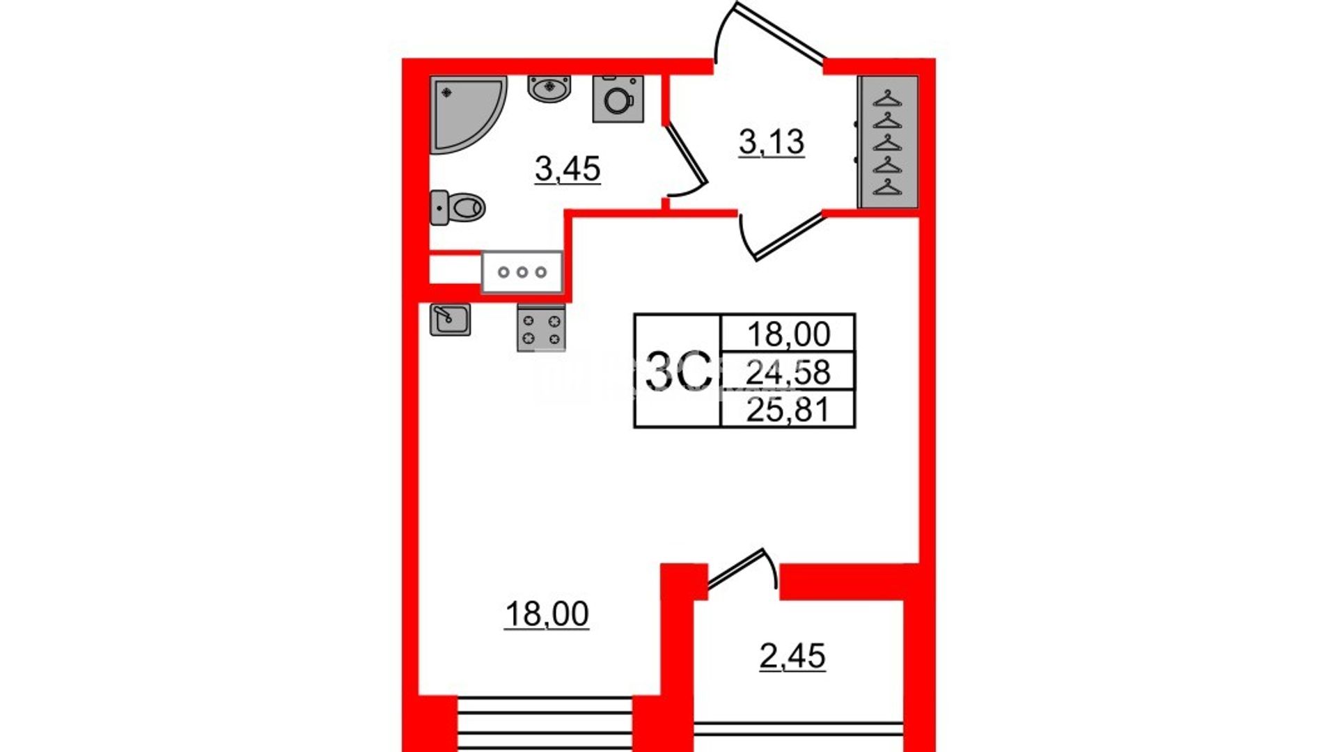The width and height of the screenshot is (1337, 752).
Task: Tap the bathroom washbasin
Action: (x=549, y=89)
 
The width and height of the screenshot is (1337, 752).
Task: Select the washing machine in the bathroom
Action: (x=618, y=99)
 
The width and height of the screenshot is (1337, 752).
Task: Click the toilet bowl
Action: (x=458, y=207)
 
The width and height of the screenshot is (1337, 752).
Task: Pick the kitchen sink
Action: (x=450, y=320)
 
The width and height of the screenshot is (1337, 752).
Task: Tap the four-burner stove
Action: (x=541, y=329)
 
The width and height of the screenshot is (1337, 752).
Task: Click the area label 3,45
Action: (x=568, y=169)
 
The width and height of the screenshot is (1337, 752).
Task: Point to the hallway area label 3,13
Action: (x=772, y=143)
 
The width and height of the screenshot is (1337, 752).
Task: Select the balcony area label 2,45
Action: (x=792, y=657)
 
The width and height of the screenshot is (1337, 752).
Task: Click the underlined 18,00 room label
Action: (x=547, y=615)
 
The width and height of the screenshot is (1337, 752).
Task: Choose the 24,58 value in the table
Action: (x=788, y=373)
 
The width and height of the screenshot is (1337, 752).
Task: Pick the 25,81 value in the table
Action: (x=788, y=410)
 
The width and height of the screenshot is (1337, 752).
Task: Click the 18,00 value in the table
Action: (x=788, y=335)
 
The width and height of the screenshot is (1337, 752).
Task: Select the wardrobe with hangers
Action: (x=888, y=141)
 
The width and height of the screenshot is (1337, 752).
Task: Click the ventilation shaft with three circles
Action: (x=522, y=272)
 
